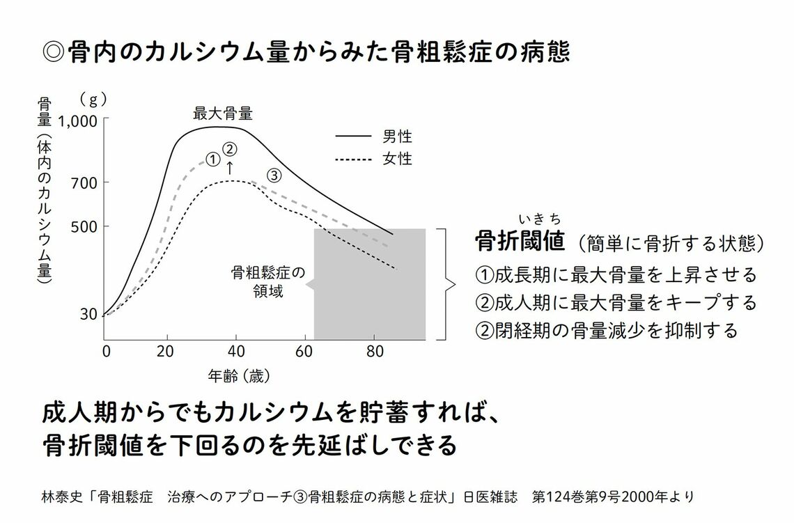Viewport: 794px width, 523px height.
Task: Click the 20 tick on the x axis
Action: tap(165, 350)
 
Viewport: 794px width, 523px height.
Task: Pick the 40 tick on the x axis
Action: tap(235, 350)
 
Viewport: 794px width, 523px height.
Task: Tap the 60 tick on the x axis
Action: tap(305, 350)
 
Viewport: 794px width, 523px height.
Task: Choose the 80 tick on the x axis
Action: tap(375, 350)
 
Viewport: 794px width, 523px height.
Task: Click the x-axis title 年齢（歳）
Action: tap(239, 377)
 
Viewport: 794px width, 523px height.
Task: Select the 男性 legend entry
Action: tap(397, 136)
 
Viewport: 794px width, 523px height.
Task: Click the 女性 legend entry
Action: tap(397, 159)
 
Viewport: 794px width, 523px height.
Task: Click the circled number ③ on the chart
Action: tap(274, 175)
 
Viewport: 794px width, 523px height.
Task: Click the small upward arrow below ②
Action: tap(231, 167)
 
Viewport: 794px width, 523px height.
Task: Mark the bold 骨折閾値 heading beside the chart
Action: tap(519, 242)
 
